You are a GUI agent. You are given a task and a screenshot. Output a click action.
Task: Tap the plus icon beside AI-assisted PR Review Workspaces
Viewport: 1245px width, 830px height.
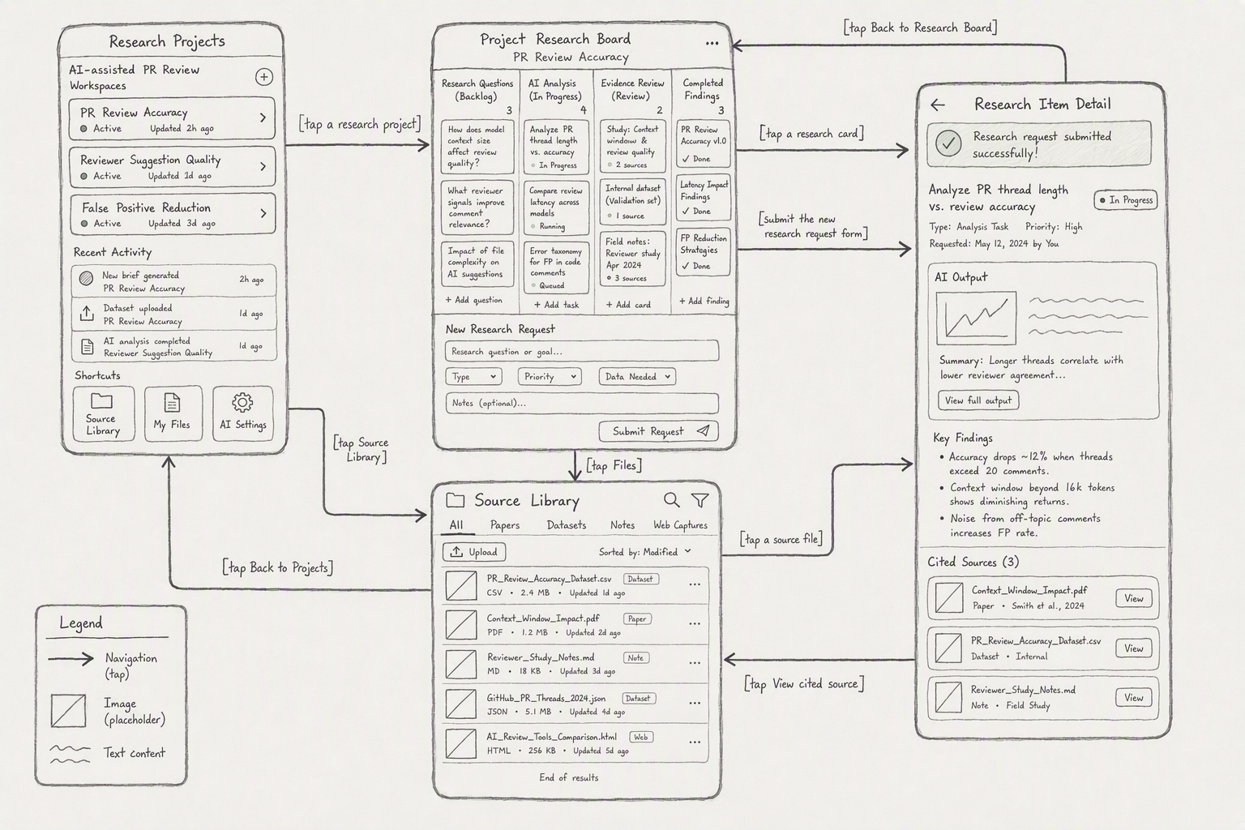pyautogui.click(x=264, y=77)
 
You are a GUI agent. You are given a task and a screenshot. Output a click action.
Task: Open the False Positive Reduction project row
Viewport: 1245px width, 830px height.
pyautogui.click(x=173, y=214)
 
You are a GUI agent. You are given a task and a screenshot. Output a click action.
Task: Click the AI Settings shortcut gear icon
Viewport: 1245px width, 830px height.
pyautogui.click(x=242, y=403)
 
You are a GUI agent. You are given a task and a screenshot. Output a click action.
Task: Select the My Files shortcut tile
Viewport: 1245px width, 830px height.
pyautogui.click(x=173, y=413)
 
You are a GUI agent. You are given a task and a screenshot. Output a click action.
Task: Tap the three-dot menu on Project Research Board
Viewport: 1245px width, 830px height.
pyautogui.click(x=712, y=43)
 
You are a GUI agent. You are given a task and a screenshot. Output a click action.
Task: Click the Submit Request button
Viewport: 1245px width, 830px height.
pyautogui.click(x=658, y=431)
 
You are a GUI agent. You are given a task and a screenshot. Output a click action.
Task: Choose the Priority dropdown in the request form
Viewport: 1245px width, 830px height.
pyautogui.click(x=550, y=376)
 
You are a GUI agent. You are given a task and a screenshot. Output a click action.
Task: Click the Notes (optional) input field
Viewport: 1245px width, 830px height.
pyautogui.click(x=582, y=403)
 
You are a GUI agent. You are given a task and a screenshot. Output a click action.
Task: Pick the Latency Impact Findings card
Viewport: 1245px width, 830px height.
pyautogui.click(x=703, y=198)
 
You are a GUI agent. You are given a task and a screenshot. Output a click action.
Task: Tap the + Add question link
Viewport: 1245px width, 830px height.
pyautogui.click(x=473, y=300)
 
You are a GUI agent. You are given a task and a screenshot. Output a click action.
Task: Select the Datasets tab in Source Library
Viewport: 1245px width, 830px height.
pyautogui.click(x=567, y=524)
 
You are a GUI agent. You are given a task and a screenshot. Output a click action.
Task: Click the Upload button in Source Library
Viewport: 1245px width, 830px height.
pyautogui.click(x=474, y=552)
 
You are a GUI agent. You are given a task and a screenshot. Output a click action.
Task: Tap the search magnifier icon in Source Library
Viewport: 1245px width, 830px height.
pyautogui.click(x=671, y=500)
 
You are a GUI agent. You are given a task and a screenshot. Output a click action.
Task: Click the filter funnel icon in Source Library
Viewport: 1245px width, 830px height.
pyautogui.click(x=700, y=500)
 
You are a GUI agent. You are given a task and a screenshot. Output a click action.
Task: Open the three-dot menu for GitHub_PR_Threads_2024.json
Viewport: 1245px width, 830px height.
pyautogui.click(x=694, y=704)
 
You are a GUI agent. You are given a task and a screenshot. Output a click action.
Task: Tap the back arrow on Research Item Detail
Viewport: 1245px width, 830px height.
pyautogui.click(x=938, y=105)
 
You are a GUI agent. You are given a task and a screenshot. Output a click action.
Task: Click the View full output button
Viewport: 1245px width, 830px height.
pyautogui.click(x=978, y=400)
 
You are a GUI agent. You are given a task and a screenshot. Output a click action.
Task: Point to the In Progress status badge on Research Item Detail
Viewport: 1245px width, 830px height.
pyautogui.click(x=1126, y=200)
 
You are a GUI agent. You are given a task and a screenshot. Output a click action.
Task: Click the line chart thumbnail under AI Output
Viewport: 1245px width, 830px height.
pyautogui.click(x=976, y=318)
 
